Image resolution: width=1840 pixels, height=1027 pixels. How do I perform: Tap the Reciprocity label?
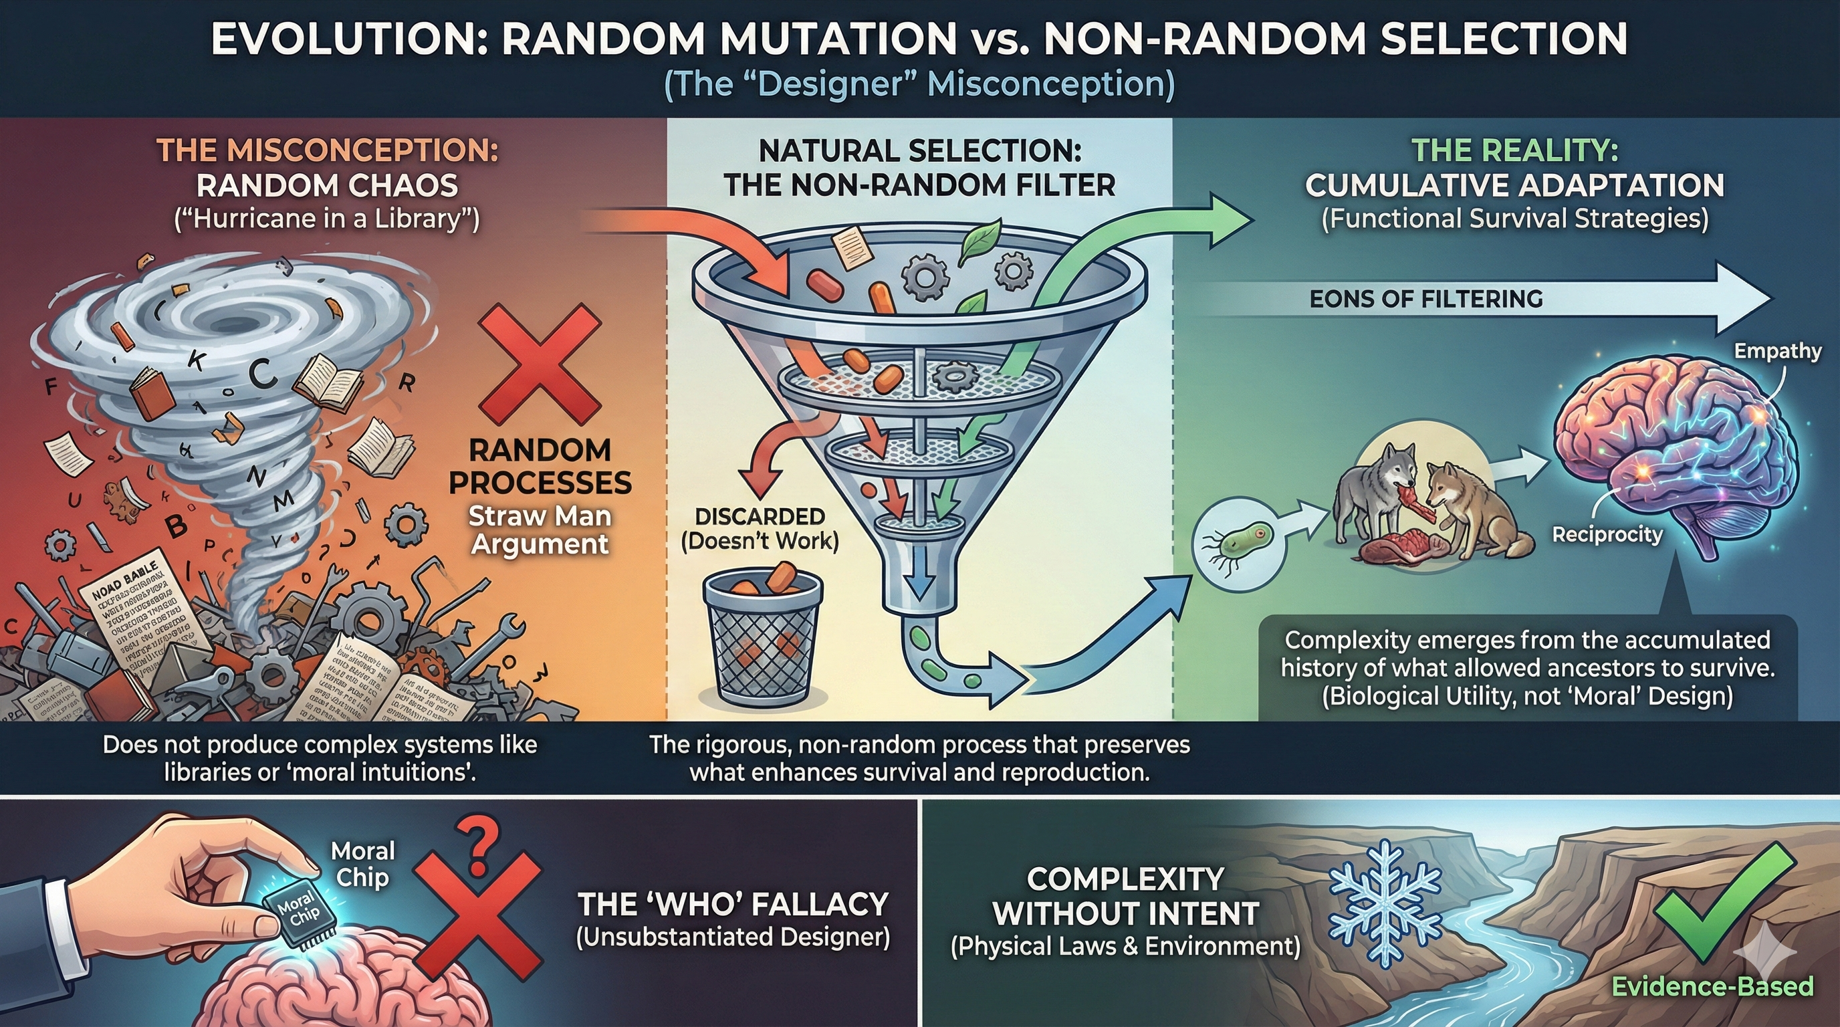[1607, 534]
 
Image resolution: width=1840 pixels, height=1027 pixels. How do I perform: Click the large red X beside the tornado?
[540, 364]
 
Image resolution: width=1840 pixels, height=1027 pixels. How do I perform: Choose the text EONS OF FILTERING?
[1425, 298]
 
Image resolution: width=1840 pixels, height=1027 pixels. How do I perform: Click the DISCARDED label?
[760, 516]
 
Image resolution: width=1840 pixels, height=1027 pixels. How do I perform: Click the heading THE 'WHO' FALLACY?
[733, 904]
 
